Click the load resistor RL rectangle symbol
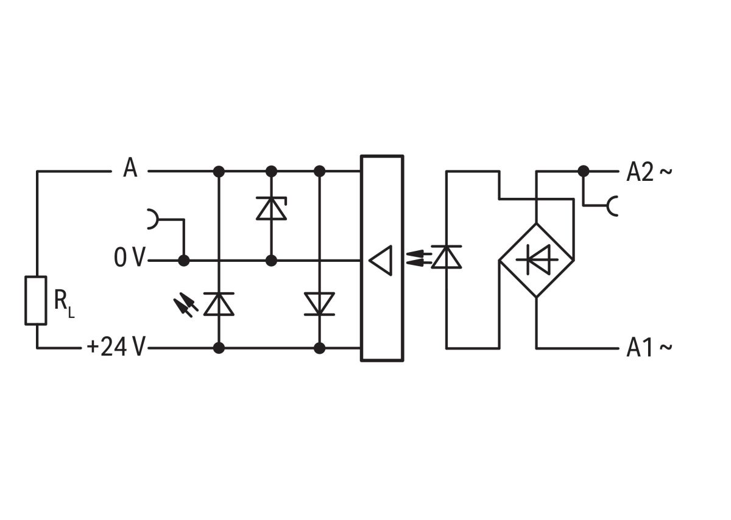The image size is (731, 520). [35, 300]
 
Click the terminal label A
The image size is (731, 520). [130, 168]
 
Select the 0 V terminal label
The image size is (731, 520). [129, 259]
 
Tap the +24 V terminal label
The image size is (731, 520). [116, 347]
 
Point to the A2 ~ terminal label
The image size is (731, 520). [649, 173]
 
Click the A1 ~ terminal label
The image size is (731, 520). [649, 348]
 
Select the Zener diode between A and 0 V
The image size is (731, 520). [271, 208]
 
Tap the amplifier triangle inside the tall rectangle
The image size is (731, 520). [380, 260]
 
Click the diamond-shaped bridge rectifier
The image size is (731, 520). [536, 260]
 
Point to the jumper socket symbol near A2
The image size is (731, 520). [612, 206]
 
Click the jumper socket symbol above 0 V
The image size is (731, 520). [152, 219]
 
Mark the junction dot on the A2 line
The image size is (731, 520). [584, 171]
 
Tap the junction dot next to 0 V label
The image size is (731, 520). [183, 261]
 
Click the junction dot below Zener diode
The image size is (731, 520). [271, 261]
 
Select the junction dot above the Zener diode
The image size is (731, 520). [271, 171]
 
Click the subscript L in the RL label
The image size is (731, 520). [71, 314]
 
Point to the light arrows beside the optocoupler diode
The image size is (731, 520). [417, 257]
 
